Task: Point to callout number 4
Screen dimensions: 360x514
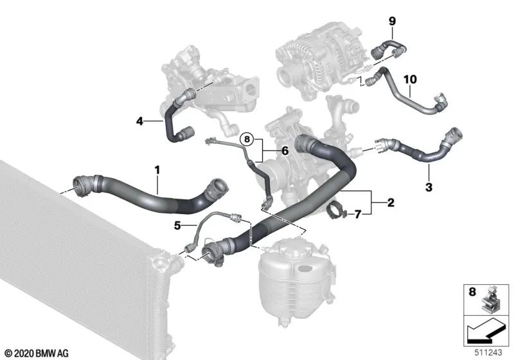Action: click(x=139, y=120)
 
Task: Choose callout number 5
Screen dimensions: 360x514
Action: click(x=176, y=226)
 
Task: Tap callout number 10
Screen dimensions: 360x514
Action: click(x=410, y=79)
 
